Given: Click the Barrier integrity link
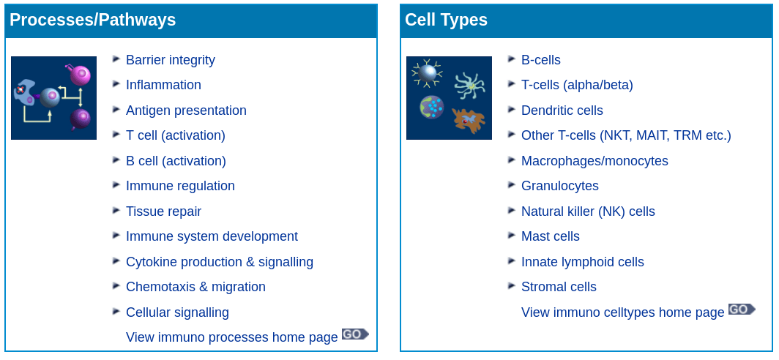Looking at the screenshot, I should coord(170,60).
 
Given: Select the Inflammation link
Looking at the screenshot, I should coord(163,85).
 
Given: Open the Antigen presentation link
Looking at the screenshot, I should coord(186,110).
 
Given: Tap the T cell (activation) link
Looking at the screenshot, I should coord(175,135).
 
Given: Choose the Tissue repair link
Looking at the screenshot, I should coord(163,211).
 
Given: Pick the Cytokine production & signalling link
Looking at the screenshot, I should coord(219,262).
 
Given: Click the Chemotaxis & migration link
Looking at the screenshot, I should coord(195,287).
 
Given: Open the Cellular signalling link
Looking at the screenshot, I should coord(177,312).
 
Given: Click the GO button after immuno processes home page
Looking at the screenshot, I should coord(354,334).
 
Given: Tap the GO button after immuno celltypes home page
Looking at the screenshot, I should coord(741,310).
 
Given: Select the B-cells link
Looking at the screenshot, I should coord(540,60).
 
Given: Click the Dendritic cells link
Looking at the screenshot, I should coord(562,110).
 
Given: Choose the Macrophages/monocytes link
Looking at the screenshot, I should coord(594,161).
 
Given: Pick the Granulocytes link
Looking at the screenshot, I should coord(559,186).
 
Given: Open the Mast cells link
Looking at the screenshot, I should coord(550,236).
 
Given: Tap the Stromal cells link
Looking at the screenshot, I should coord(559,287).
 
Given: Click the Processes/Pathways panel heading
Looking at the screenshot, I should coord(92,20).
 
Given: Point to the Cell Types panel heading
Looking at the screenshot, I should coord(446,20).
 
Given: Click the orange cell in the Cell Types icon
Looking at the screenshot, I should coord(469,119).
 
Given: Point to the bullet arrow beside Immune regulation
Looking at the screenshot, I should coord(116,185).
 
